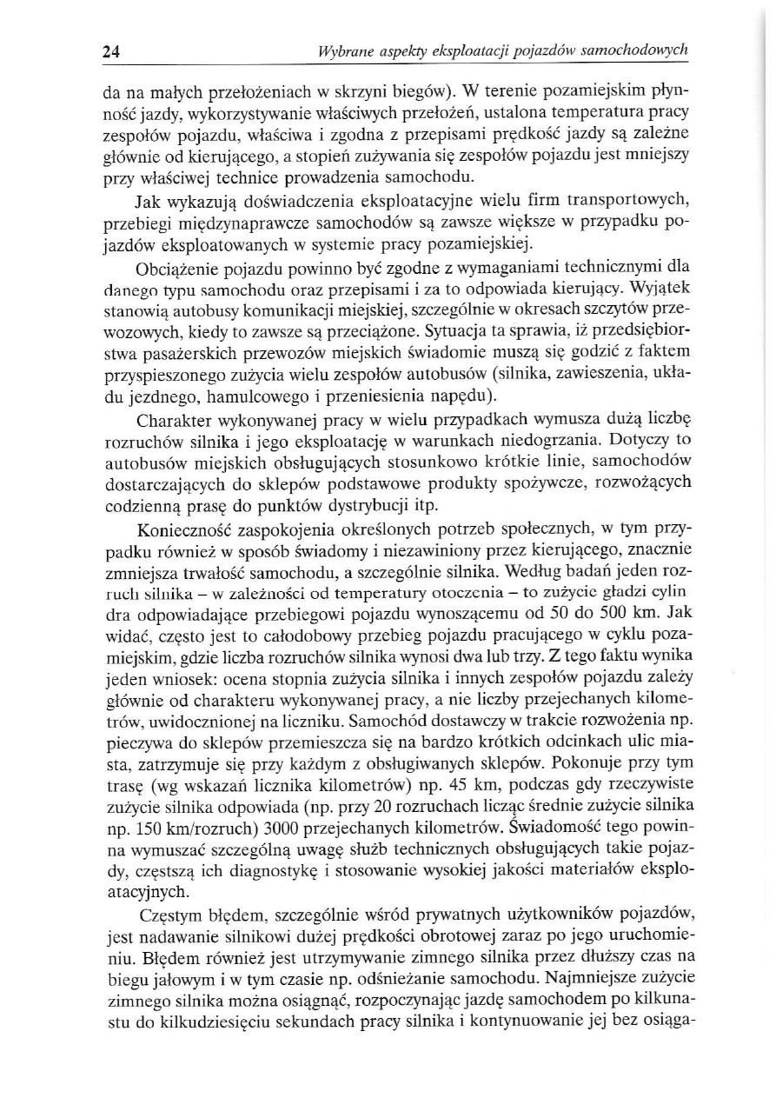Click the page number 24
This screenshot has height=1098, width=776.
pyautogui.click(x=110, y=50)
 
